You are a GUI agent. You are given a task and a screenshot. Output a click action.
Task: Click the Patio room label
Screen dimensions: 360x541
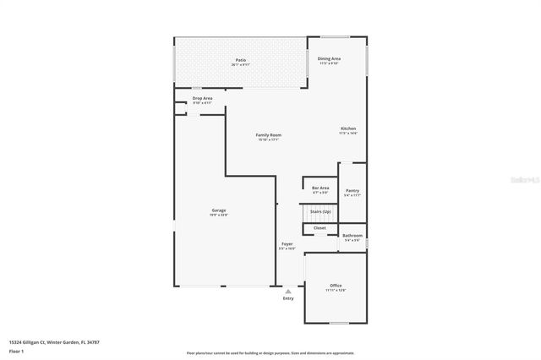click(x=240, y=60)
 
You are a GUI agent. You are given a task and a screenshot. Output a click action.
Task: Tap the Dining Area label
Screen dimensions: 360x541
click(x=329, y=58)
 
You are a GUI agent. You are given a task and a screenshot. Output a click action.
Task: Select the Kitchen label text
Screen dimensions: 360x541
click(x=348, y=128)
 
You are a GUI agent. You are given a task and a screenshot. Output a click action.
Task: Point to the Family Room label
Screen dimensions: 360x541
click(x=269, y=135)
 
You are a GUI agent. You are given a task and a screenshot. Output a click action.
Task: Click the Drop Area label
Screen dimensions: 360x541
click(x=202, y=98)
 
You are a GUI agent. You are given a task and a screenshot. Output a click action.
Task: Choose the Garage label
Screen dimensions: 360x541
click(x=219, y=210)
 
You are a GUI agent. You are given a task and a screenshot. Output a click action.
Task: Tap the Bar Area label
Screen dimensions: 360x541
click(x=320, y=188)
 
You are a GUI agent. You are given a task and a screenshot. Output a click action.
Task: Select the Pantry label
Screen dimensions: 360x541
click(x=352, y=191)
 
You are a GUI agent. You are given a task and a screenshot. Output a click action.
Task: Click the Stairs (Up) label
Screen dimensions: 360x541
click(x=320, y=211)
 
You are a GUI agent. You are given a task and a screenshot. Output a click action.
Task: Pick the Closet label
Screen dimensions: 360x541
click(x=320, y=228)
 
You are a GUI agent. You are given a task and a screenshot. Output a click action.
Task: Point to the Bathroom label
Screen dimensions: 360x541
click(x=352, y=236)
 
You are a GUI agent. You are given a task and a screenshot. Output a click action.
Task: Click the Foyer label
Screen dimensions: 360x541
click(x=287, y=244)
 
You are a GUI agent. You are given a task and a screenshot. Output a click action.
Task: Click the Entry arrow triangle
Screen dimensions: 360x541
click(x=288, y=292)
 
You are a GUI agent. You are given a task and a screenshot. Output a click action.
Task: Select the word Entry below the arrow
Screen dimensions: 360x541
click(x=288, y=298)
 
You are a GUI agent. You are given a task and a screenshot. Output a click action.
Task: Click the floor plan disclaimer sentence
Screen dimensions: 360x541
click(x=270, y=353)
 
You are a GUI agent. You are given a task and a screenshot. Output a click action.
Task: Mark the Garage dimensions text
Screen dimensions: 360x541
click(x=219, y=215)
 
